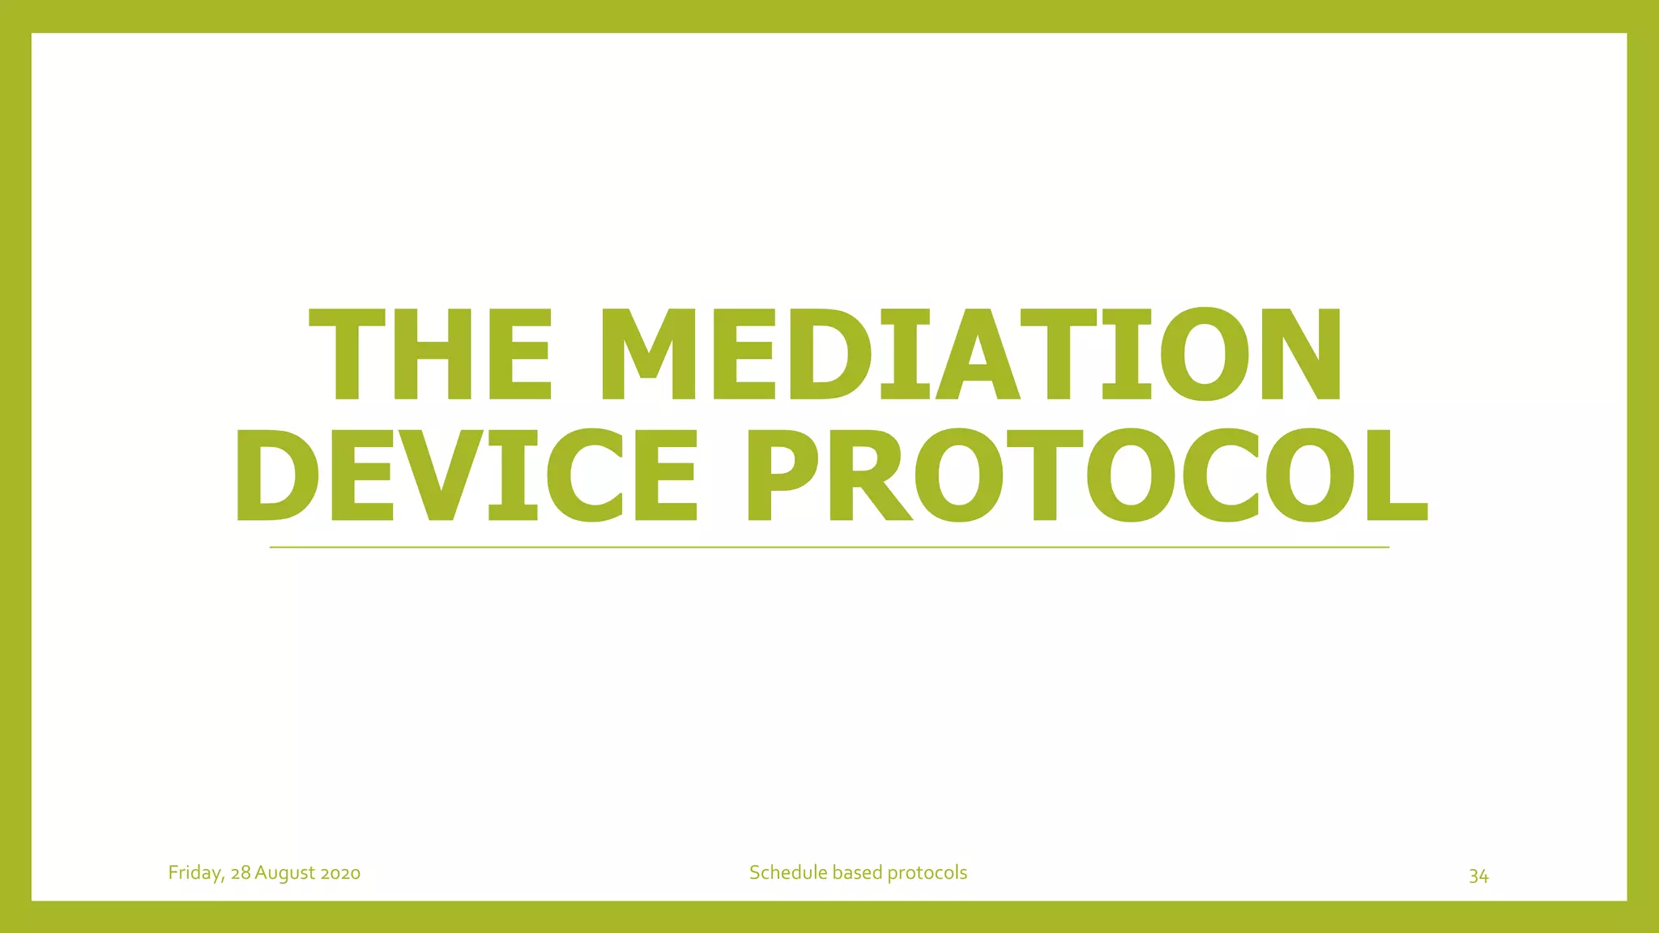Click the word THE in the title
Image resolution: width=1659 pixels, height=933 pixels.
(430, 355)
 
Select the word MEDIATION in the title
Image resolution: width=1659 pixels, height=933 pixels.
(970, 355)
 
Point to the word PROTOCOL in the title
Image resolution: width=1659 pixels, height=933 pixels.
(1087, 475)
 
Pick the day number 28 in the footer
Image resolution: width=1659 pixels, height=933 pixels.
(241, 873)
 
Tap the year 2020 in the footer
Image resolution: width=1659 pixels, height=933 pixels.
(340, 873)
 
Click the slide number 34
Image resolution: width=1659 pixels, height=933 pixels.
(1478, 876)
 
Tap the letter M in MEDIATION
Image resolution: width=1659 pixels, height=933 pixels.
(648, 355)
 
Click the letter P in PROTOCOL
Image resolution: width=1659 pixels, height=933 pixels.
(783, 475)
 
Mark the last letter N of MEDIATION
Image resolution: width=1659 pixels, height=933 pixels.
(1300, 355)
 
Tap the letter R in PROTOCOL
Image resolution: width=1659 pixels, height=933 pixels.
(869, 475)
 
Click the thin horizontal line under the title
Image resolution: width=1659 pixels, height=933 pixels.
(829, 547)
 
